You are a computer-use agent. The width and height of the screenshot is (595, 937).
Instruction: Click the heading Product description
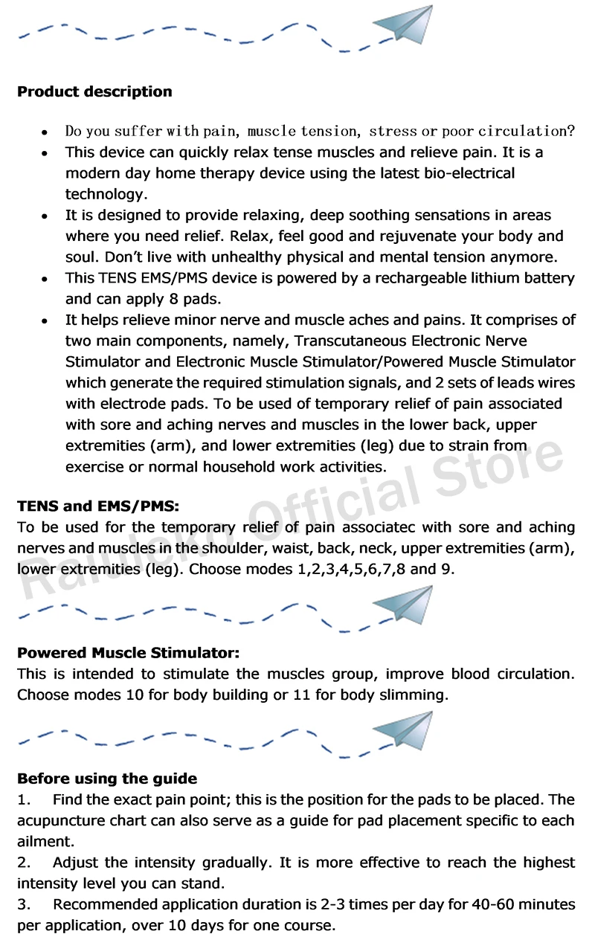tap(94, 92)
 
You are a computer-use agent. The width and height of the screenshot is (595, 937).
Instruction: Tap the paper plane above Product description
tap(403, 27)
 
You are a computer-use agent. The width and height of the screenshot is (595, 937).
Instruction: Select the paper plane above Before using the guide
tap(403, 731)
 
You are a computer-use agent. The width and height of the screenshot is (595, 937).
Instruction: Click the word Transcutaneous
tap(350, 341)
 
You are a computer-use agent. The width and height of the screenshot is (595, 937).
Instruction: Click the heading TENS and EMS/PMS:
tap(98, 507)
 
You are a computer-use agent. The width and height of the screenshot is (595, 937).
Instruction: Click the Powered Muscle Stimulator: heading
tap(128, 654)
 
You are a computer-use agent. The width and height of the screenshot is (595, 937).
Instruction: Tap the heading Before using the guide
tap(107, 779)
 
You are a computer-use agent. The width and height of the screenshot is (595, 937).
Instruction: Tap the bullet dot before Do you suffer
tap(45, 132)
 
